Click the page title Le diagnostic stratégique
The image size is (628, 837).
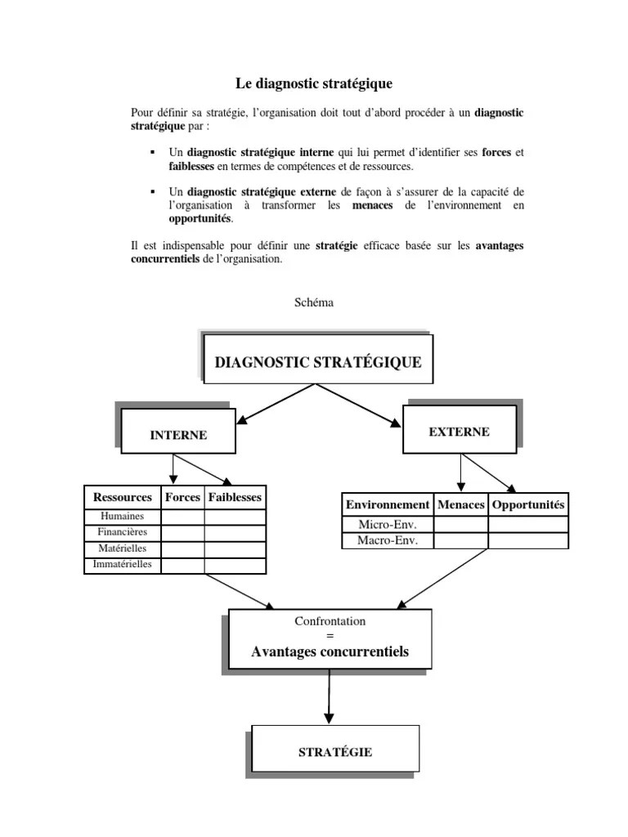click(314, 83)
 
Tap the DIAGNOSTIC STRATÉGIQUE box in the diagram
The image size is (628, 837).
click(318, 362)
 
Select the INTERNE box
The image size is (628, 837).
click(178, 435)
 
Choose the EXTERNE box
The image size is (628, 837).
click(460, 432)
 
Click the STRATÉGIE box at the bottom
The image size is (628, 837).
click(335, 752)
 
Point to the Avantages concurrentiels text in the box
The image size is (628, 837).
click(330, 652)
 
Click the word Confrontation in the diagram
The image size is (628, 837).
click(330, 621)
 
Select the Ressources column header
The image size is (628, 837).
click(123, 497)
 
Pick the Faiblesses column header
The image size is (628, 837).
click(235, 497)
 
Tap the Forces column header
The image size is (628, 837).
click(182, 497)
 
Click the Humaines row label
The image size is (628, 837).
click(123, 517)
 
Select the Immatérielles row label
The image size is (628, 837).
click(123, 565)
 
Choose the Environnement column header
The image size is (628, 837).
click(387, 505)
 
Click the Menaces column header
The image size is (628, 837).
click(461, 505)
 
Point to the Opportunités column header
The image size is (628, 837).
click(528, 505)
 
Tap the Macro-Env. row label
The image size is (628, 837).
click(387, 541)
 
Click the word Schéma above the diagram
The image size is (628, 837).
click(314, 302)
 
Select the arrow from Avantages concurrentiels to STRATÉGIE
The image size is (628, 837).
click(329, 695)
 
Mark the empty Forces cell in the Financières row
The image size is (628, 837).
click(182, 533)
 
